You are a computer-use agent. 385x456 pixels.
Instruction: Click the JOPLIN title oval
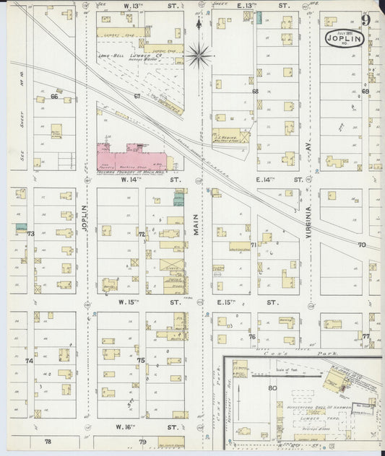pos(344,37)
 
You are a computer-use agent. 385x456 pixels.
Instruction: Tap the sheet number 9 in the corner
pos(366,19)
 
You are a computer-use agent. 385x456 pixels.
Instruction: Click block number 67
pos(137,95)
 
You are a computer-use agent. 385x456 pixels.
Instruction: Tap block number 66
pos(53,95)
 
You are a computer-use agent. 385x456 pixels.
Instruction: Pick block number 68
pos(255,92)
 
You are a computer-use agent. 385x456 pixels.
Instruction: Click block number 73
pos(30,234)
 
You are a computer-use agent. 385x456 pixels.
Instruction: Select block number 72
pos(142,234)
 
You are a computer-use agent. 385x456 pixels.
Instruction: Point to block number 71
pos(254,245)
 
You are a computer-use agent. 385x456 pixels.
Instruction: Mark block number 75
pos(142,360)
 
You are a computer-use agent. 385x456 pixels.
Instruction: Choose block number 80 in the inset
pos(272,388)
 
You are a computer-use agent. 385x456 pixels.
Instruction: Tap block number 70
pos(361,245)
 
